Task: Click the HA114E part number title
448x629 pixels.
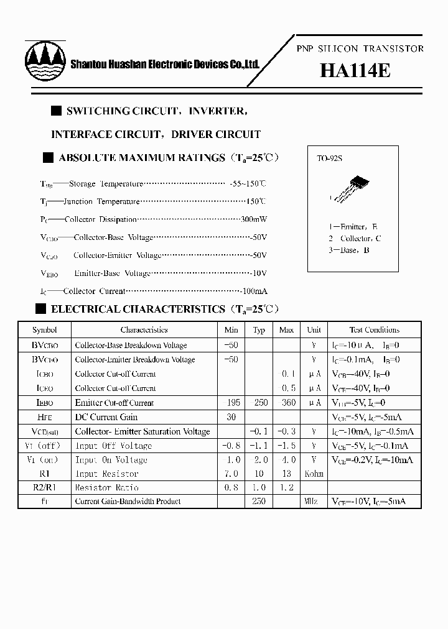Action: pos(355,71)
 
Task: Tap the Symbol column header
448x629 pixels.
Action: pos(45,330)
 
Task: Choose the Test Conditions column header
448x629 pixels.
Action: pos(374,330)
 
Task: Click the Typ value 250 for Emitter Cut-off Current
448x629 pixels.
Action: pos(261,403)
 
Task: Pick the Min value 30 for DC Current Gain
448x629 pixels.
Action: pos(231,417)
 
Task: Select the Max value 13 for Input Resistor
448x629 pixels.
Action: pos(286,474)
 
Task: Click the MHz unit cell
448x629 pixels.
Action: pos(314,502)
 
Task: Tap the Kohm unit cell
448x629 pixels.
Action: pos(314,474)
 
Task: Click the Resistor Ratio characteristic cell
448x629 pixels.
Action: pos(106,488)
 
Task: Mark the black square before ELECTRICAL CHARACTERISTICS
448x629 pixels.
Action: pos(41,309)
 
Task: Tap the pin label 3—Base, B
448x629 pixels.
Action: pos(350,250)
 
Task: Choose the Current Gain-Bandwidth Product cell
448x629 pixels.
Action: pos(128,502)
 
